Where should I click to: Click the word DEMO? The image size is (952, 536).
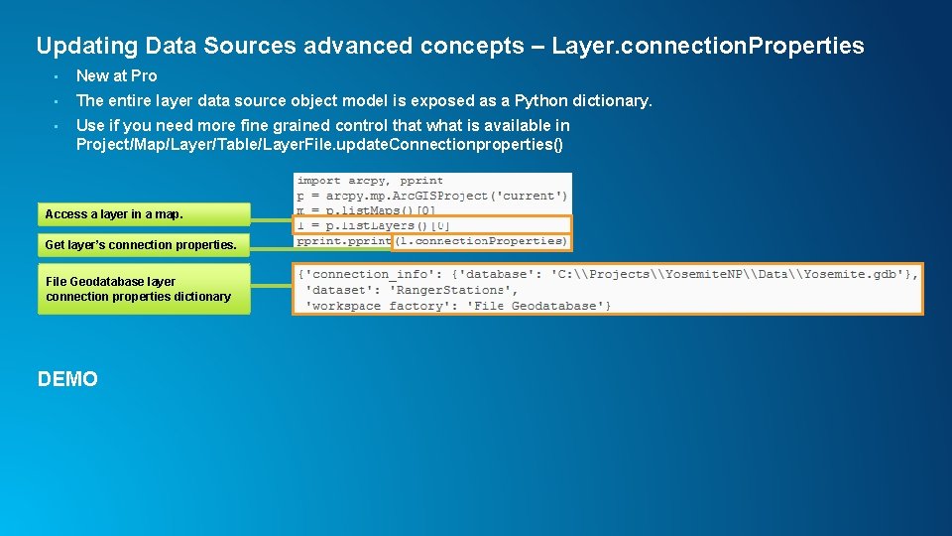pos(67,379)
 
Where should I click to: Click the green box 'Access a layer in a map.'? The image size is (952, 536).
pos(144,214)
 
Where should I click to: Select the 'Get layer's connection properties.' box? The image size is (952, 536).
pos(144,244)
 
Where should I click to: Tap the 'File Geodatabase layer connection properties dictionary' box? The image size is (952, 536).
pos(144,289)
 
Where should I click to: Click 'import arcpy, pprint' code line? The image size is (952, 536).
pos(370,181)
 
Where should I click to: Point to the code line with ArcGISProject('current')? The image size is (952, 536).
pos(432,196)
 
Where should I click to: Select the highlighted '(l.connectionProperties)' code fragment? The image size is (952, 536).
pos(480,241)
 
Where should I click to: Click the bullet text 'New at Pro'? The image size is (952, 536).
pos(116,75)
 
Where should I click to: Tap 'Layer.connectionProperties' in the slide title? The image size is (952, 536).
pos(707,46)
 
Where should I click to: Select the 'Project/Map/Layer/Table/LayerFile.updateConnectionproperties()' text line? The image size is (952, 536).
pos(319,145)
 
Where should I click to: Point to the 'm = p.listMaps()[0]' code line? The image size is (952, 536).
pos(366,210)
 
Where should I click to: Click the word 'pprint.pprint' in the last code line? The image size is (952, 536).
pos(343,241)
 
